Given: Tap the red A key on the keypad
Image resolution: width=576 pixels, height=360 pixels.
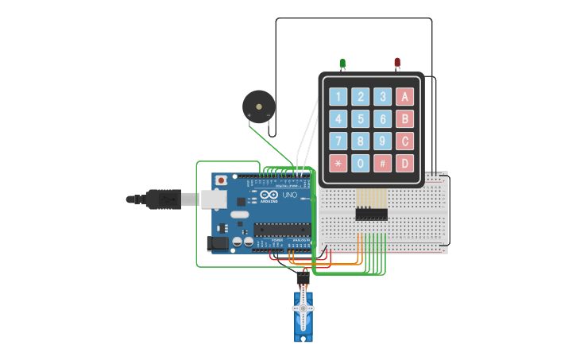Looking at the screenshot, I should pyautogui.click(x=405, y=97).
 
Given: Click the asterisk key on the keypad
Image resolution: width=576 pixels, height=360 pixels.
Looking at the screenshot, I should pyautogui.click(x=338, y=164).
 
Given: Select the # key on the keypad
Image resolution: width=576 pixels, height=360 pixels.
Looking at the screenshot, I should pyautogui.click(x=383, y=164).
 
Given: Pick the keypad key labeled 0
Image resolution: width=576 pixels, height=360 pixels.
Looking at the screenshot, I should pyautogui.click(x=361, y=164).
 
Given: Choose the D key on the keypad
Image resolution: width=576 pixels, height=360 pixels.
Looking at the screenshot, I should pyautogui.click(x=405, y=164).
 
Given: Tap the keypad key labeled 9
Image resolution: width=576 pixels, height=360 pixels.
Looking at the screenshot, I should pyautogui.click(x=383, y=141).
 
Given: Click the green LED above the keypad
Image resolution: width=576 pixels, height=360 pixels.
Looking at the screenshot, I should pyautogui.click(x=342, y=63).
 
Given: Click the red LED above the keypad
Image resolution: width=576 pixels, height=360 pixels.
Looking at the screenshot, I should pyautogui.click(x=397, y=62).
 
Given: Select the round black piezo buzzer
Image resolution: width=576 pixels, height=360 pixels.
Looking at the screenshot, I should pyautogui.click(x=259, y=106).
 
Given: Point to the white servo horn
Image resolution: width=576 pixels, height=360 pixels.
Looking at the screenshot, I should pyautogui.click(x=303, y=308).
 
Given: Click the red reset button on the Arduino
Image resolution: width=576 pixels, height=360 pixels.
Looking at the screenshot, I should pyautogui.click(x=221, y=181).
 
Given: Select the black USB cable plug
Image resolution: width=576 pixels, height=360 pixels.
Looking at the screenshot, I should pyautogui.click(x=164, y=199).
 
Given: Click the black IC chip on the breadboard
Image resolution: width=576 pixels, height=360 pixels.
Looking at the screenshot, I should pyautogui.click(x=371, y=214).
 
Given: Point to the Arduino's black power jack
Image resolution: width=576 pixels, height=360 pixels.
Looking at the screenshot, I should pyautogui.click(x=217, y=244).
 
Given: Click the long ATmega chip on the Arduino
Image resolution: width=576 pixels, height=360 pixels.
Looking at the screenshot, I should pyautogui.click(x=281, y=230).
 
